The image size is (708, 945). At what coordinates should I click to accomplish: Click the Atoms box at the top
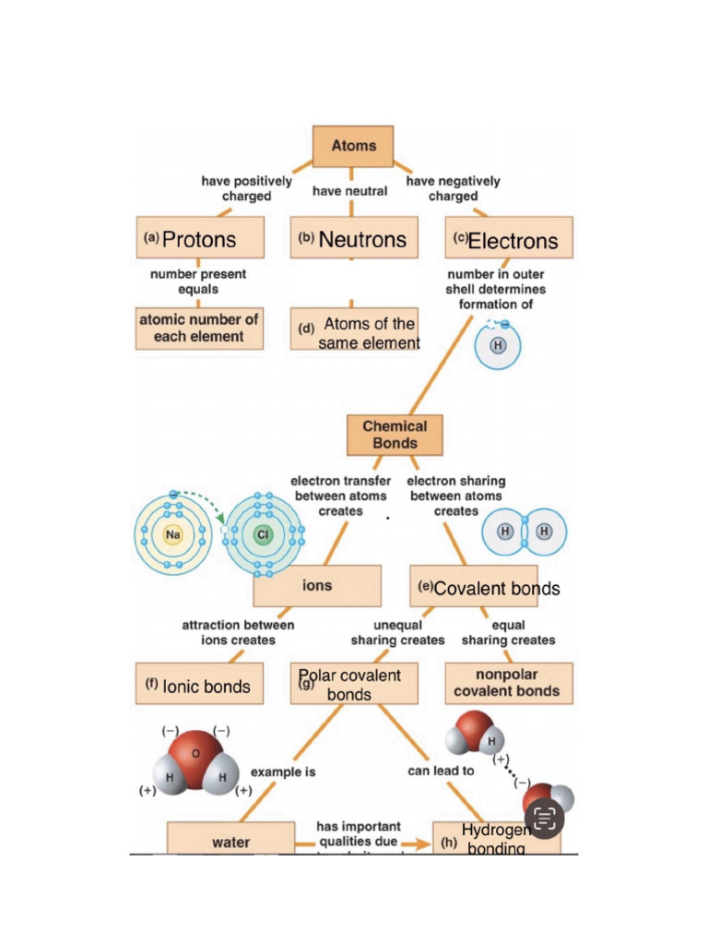point(353,146)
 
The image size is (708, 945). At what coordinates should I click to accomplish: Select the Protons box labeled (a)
point(200,239)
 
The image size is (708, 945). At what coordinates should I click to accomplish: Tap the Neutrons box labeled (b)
point(354,239)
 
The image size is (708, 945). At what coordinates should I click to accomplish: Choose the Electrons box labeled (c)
point(508,240)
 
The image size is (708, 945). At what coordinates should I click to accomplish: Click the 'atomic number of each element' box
point(200,328)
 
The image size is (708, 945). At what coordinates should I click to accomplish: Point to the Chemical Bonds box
point(395,435)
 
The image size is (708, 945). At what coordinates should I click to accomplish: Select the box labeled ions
point(317,586)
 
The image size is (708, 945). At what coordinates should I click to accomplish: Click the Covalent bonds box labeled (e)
point(474,587)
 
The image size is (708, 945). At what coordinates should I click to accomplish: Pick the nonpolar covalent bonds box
point(506,683)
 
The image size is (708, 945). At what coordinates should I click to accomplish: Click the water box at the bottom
point(231,841)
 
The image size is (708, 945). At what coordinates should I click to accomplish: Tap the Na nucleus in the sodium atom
point(171,534)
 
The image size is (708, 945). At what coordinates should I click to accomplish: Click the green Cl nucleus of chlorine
point(264,534)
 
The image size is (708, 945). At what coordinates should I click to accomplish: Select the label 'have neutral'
point(350,191)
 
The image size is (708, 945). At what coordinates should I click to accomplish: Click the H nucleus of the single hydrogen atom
point(498,345)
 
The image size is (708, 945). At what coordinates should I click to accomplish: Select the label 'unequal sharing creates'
point(397,632)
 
